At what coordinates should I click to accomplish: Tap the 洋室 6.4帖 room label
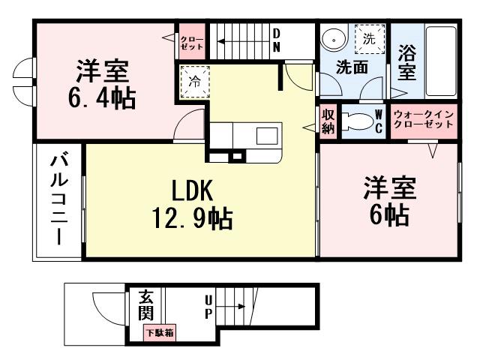click(x=103, y=85)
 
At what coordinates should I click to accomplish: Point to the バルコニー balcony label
click(x=58, y=199)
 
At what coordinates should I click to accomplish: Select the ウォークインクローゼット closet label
click(x=423, y=120)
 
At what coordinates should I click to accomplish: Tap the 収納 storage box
click(x=328, y=121)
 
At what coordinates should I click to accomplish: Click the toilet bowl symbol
click(x=357, y=121)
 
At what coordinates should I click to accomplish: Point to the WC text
click(x=379, y=121)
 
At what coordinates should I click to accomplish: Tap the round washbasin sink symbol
click(x=332, y=38)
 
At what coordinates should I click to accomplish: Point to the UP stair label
click(x=208, y=306)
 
